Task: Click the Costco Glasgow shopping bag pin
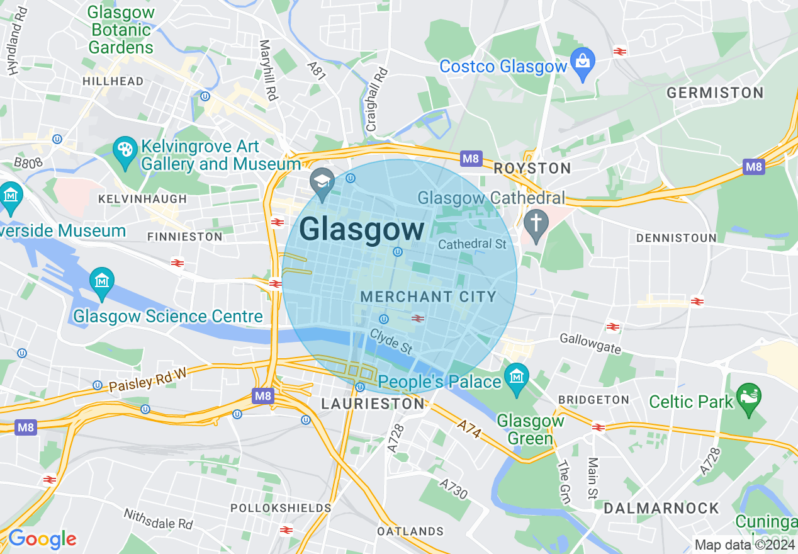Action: coord(583,64)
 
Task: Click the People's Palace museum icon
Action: coord(517,378)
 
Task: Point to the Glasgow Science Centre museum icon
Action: coord(101,283)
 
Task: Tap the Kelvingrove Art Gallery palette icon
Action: coord(125,151)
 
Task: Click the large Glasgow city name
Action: coord(362,230)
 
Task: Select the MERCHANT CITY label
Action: coord(429,297)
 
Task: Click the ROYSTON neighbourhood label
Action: coord(532,168)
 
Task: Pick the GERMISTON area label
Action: coord(715,93)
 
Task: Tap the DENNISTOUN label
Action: coord(676,238)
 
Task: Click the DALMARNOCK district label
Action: coord(661,508)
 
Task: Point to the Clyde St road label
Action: coord(391,341)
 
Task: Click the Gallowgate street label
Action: coord(590,344)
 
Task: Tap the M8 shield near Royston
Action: coord(471,159)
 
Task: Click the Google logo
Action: coord(42,539)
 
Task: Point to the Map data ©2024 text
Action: coord(744,545)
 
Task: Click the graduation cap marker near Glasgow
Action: coord(323,183)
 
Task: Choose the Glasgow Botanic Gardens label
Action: coord(121,30)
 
